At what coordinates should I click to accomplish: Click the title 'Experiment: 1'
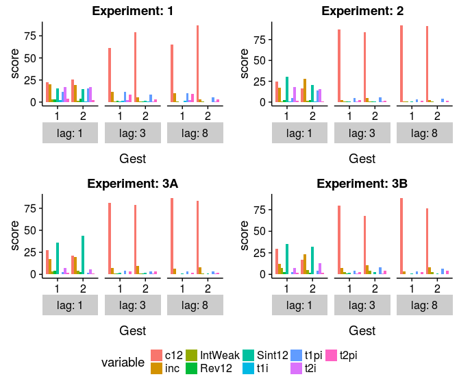(x=132, y=10)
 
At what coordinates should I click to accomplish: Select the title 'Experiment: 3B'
(x=361, y=183)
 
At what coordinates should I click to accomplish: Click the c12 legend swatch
(x=157, y=354)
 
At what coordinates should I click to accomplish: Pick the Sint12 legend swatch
(x=249, y=354)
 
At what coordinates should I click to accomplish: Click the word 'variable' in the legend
(x=123, y=361)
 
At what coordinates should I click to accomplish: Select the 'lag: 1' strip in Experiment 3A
(x=71, y=304)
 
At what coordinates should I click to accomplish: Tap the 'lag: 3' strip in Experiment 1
(x=132, y=132)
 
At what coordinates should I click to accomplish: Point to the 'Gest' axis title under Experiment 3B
(x=361, y=331)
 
